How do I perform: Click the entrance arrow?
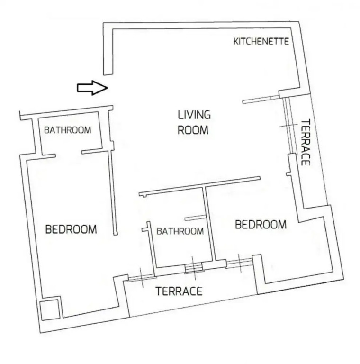[x=92, y=88]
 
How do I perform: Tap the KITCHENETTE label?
[x=261, y=41]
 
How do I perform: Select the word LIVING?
[x=194, y=115]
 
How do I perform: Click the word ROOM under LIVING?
[x=193, y=130]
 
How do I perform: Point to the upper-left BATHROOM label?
[x=68, y=130]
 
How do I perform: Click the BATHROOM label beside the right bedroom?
[x=180, y=231]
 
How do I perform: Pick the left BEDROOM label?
[x=71, y=229]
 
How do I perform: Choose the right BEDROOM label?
[x=261, y=225]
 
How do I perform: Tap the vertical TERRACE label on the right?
[x=306, y=142]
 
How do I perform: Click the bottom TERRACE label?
[x=179, y=291]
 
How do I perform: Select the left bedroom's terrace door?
[x=141, y=278]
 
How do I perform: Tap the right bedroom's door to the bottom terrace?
[x=239, y=263]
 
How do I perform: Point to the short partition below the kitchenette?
[x=261, y=100]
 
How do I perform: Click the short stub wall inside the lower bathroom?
[x=195, y=218]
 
